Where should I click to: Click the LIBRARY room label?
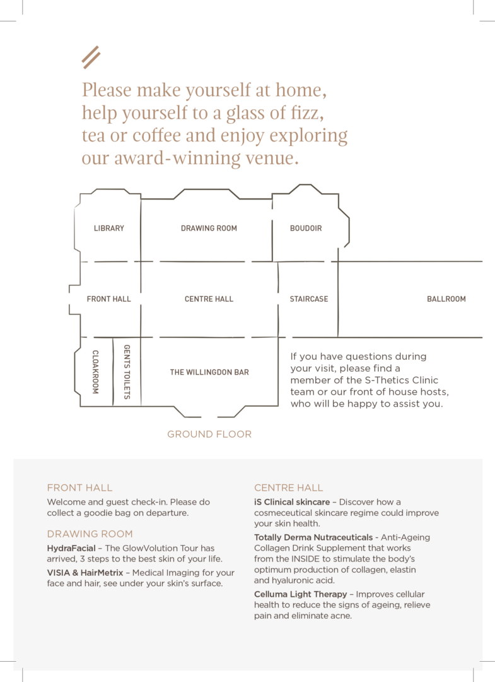(109, 229)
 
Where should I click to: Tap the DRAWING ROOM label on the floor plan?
(209, 229)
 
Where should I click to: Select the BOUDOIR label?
(306, 229)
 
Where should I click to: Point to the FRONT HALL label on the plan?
(109, 299)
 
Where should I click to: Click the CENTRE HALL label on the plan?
(209, 299)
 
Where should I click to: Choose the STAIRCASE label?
(309, 299)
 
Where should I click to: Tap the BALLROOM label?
(446, 299)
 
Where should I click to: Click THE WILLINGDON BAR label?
(209, 373)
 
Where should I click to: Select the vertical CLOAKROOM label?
(96, 372)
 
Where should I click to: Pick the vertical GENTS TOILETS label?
(127, 372)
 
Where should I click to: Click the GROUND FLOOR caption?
(209, 434)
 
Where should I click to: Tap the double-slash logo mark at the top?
(91, 57)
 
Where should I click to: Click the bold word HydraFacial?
(72, 548)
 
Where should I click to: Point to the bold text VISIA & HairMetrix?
(85, 573)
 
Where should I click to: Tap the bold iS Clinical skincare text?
(291, 502)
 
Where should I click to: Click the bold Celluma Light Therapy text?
(301, 594)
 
